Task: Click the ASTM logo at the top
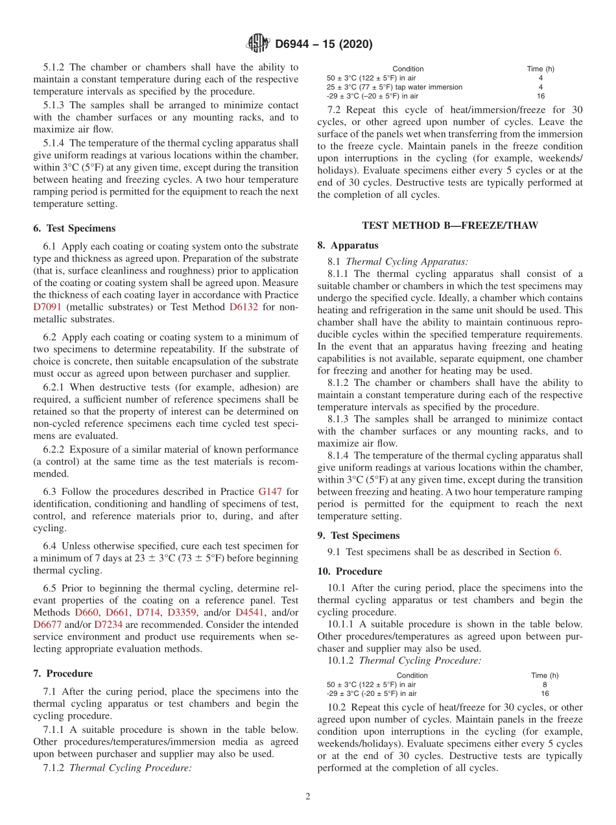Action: (258, 44)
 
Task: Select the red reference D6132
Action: (244, 307)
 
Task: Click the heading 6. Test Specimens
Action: (74, 228)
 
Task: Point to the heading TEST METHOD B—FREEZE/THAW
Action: (450, 225)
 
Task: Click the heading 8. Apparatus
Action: (348, 245)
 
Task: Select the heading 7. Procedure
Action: (62, 673)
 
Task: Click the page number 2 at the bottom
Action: (308, 796)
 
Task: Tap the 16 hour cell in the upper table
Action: (541, 96)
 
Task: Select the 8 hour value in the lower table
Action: (544, 684)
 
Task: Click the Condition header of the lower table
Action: (412, 675)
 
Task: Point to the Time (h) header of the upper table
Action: (540, 69)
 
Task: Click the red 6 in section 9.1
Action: (556, 552)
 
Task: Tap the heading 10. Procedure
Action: (349, 571)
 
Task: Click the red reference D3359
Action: (182, 612)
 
